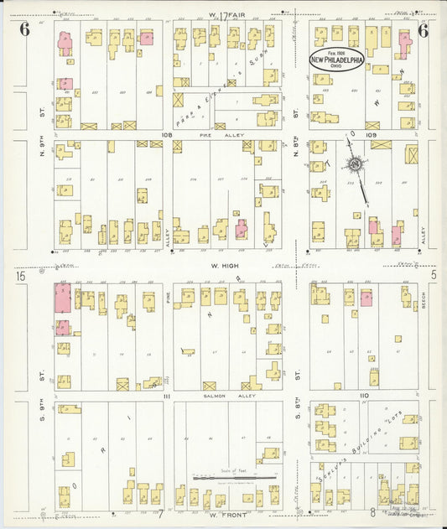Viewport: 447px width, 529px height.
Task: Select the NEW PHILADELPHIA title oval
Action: [x=336, y=60]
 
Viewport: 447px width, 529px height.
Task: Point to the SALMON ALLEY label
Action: [x=221, y=395]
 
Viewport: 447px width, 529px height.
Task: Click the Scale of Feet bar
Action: [x=247, y=478]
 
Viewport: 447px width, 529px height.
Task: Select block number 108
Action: [x=167, y=133]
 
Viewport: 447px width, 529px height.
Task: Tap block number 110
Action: [x=363, y=394]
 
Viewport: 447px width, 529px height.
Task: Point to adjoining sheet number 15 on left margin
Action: [x=18, y=275]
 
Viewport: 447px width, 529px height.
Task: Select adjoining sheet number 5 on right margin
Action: [x=434, y=275]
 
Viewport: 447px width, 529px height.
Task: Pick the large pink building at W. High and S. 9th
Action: [x=63, y=299]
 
